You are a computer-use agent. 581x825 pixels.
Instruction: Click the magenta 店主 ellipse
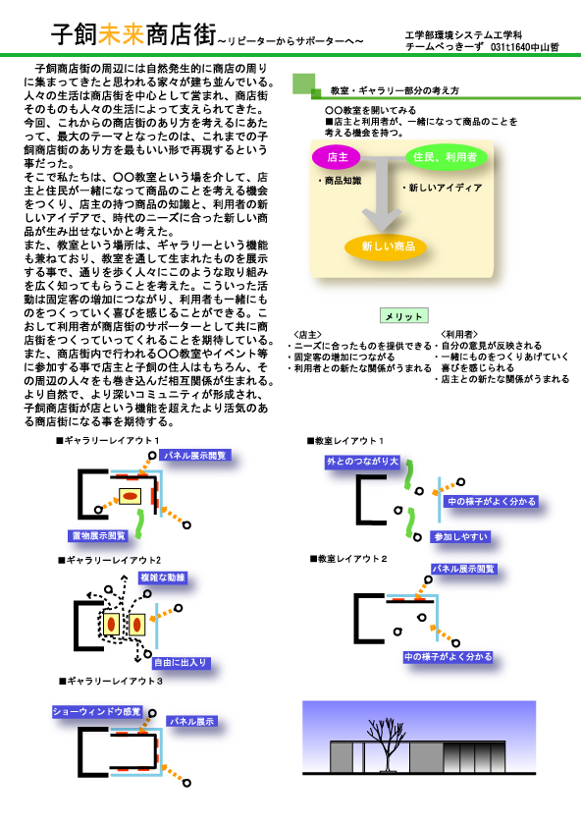coord(337,157)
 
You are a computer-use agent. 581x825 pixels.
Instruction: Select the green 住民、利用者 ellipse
coord(446,157)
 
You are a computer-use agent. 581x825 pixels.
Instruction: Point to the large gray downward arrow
coord(382,193)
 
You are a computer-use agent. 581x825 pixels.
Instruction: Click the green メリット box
coord(403,315)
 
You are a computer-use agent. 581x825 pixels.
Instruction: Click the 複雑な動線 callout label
coord(163,577)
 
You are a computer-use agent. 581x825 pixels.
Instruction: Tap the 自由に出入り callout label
coord(181,662)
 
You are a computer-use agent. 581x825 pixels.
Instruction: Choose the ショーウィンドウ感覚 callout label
coord(97,711)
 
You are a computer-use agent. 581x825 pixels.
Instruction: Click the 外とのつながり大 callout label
coord(363,462)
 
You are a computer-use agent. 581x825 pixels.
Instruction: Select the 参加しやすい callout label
coord(460,536)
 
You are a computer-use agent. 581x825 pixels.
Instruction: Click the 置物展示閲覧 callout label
coord(99,535)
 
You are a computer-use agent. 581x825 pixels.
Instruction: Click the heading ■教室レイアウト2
coord(348,558)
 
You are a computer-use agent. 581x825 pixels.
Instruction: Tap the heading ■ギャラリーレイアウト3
coord(111,681)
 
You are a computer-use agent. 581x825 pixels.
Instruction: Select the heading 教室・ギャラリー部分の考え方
coord(395,90)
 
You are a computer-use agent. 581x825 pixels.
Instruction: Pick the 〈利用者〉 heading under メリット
coord(459,334)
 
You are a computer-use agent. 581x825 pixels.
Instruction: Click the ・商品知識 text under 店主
coord(340,181)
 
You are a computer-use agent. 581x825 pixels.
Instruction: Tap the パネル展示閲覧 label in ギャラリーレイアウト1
coord(195,455)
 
